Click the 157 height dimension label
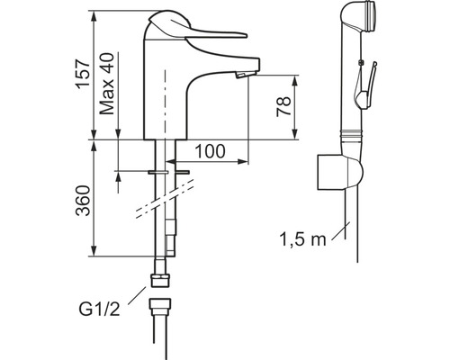83,74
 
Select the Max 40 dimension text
107,84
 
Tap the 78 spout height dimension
283,106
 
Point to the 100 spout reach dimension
210,151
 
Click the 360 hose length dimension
83,201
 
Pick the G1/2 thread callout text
99,310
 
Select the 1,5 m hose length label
302,239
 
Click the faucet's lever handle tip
246,35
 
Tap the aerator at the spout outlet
242,75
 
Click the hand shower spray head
359,17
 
